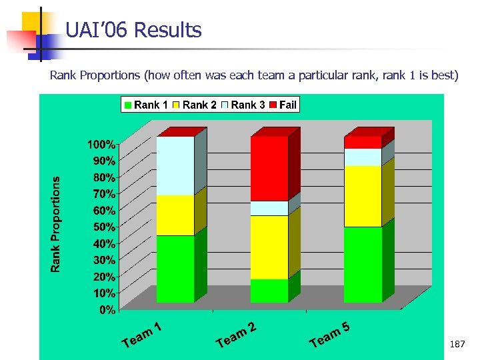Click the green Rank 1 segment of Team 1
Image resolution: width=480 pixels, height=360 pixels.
[175, 269]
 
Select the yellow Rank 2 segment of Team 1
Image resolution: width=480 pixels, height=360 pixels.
[175, 215]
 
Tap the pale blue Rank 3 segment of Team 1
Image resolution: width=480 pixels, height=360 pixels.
[175, 165]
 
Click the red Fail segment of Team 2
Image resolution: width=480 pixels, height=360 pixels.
[269, 168]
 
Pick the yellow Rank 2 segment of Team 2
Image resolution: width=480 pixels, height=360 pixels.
[269, 247]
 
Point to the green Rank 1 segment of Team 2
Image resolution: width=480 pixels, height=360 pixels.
[269, 290]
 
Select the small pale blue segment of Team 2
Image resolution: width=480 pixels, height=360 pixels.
[269, 208]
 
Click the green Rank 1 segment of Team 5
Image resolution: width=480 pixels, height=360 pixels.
[363, 264]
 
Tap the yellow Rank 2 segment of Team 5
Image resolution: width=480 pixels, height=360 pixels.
[363, 196]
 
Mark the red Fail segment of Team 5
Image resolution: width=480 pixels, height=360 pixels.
[363, 142]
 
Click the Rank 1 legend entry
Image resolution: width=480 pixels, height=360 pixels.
[146, 105]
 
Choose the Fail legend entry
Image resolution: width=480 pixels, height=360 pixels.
[283, 105]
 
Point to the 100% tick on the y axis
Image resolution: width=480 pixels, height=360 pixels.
[102, 144]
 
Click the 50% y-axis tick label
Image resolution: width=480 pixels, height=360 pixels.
[104, 227]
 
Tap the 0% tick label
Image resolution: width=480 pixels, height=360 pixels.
[107, 310]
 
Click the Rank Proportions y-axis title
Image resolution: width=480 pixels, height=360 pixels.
[57, 223]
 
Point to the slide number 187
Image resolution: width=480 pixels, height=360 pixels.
[458, 344]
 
